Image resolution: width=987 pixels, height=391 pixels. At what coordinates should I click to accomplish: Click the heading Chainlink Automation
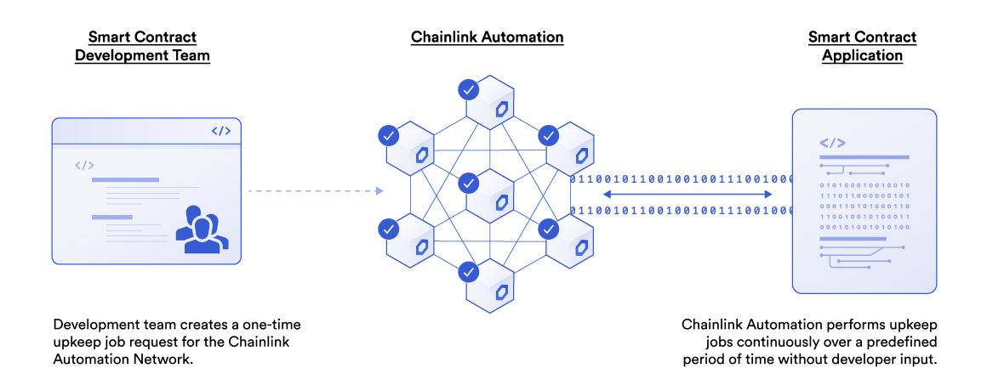click(x=487, y=37)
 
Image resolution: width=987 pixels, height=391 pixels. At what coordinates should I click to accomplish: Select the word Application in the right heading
click(x=862, y=56)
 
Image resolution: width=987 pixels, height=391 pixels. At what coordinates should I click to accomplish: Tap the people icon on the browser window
click(x=202, y=229)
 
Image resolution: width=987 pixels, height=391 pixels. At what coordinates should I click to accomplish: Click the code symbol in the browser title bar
click(x=220, y=131)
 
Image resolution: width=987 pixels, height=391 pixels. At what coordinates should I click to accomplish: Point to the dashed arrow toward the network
click(x=316, y=191)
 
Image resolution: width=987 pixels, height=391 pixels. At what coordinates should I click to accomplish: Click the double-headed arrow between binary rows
click(x=687, y=195)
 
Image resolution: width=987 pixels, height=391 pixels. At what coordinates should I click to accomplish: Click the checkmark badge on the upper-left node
click(x=388, y=135)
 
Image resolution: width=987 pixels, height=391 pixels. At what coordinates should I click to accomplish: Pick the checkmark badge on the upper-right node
click(x=549, y=135)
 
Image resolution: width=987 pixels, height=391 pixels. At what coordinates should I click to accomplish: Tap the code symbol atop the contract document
click(x=831, y=143)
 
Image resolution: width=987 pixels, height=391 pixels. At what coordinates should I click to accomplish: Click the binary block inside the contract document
click(x=864, y=207)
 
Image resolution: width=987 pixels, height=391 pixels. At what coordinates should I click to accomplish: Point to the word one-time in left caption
click(x=272, y=326)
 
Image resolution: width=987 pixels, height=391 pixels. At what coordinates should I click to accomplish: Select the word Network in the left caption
click(x=165, y=360)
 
